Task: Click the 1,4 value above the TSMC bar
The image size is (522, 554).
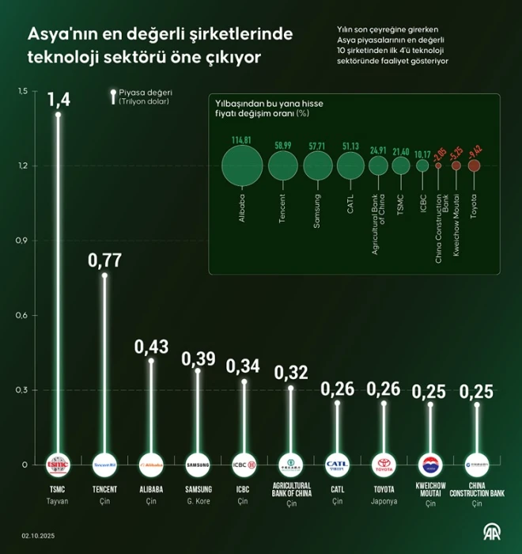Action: pos(59,100)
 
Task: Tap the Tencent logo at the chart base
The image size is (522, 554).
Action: pos(104,465)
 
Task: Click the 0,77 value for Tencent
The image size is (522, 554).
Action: pos(104,262)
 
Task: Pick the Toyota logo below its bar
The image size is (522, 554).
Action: pos(384,465)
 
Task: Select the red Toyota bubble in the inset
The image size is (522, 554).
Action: pos(474,166)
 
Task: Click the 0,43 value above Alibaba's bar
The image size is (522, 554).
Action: pos(151,347)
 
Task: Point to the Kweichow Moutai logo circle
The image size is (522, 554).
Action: pos(430,465)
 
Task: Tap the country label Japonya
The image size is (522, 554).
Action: pos(384,502)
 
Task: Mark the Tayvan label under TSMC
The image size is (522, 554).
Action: pos(59,502)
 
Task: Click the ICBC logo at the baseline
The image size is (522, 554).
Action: pos(244,465)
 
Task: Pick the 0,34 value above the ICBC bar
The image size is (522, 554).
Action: pos(244,367)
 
